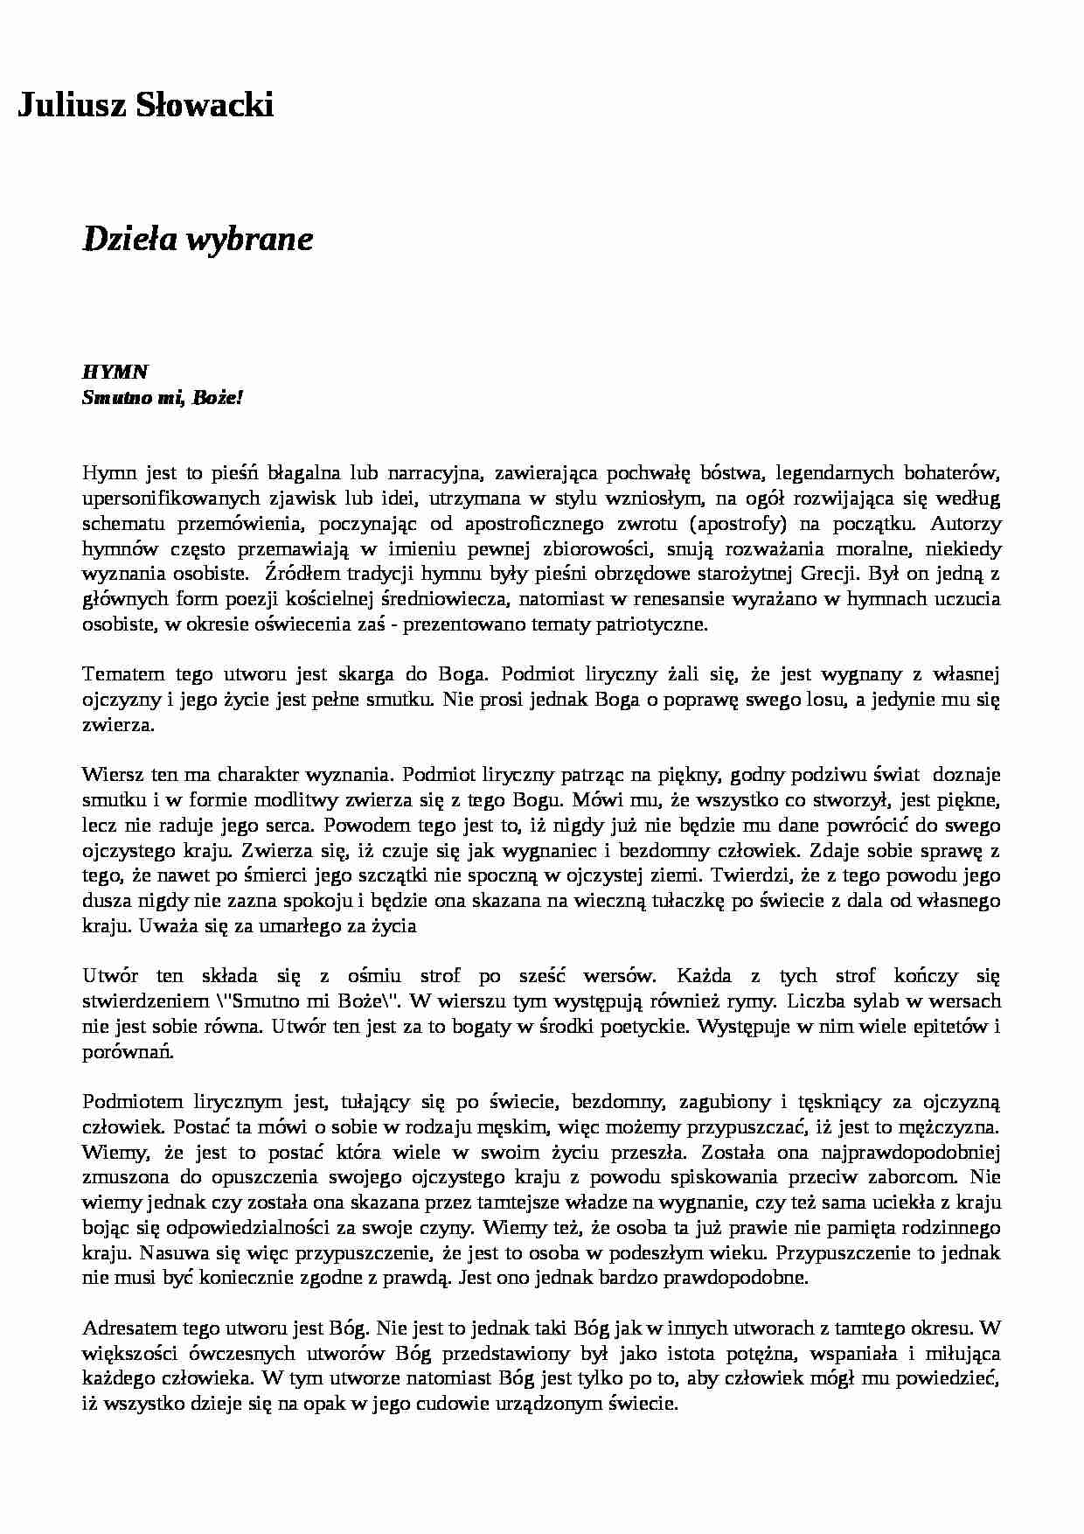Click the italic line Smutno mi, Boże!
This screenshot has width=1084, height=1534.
click(162, 397)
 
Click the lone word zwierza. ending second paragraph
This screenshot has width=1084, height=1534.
click(118, 725)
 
